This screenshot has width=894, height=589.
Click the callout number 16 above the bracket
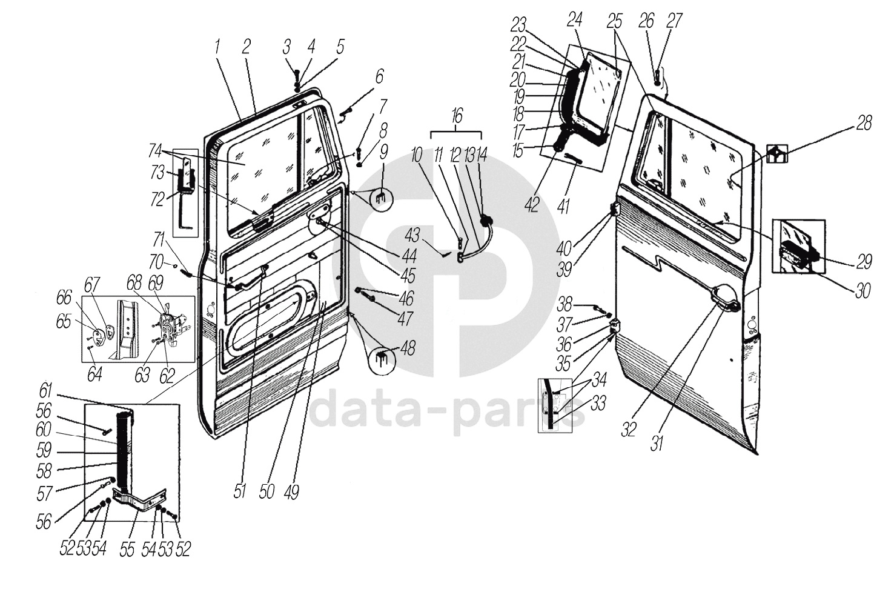(x=457, y=116)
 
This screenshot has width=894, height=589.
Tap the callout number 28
(x=864, y=123)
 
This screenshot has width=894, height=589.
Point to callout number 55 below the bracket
(x=127, y=549)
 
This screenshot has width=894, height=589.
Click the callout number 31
(x=657, y=443)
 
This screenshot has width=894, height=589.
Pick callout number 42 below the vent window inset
(x=532, y=205)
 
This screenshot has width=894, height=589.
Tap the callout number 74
(x=156, y=151)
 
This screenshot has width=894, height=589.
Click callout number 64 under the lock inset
(x=94, y=375)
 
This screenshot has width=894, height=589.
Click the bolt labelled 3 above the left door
(x=297, y=75)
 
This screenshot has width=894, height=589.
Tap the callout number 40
(x=565, y=249)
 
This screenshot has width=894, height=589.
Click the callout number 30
(x=863, y=291)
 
